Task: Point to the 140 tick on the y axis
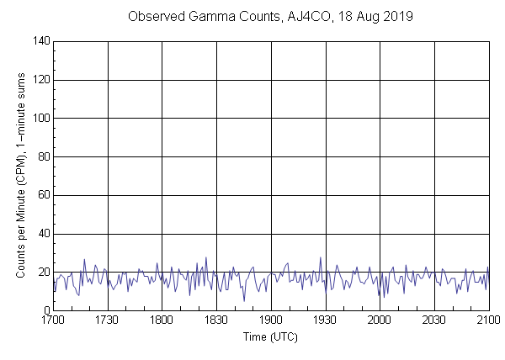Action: point(40,41)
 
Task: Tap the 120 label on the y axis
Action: point(40,80)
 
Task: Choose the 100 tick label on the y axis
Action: point(40,119)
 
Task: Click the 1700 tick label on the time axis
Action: point(53,320)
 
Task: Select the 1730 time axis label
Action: point(108,320)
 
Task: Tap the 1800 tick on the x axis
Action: point(162,320)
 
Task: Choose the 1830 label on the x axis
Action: point(216,320)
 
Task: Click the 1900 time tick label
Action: point(271,320)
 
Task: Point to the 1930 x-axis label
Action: point(325,320)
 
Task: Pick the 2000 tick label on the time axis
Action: point(380,320)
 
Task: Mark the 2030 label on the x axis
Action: point(434,320)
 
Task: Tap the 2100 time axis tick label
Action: point(488,320)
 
